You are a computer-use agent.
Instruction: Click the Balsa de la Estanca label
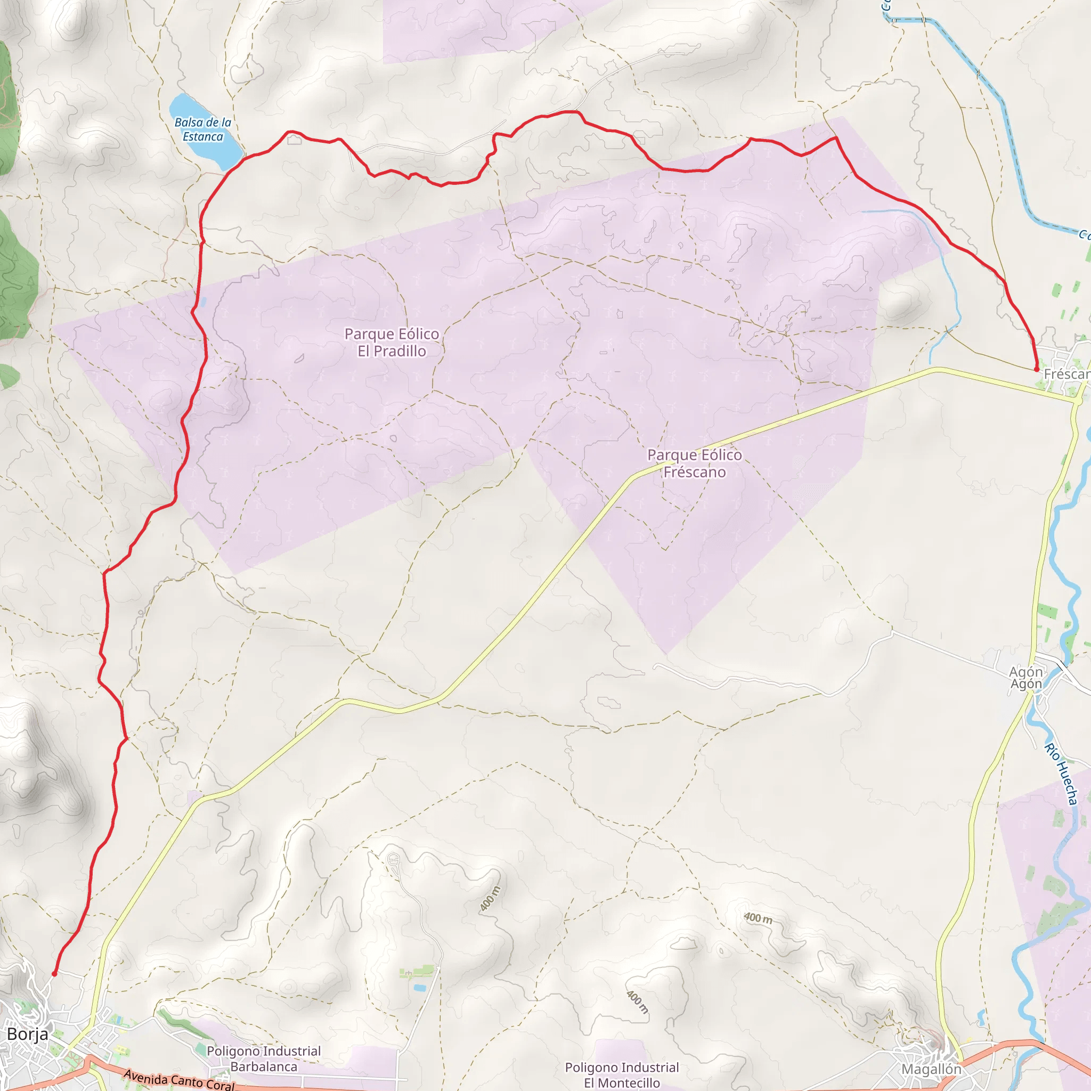point(203,129)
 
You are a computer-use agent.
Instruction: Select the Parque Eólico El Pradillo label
point(392,342)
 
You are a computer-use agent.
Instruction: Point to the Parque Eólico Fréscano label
point(695,463)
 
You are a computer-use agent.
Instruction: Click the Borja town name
point(28,1034)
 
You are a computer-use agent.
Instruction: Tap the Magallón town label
point(931,1069)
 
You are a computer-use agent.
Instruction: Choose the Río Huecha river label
point(1061,774)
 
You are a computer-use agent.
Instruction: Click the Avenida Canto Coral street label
point(178,1079)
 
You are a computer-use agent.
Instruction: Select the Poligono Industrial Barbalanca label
point(264,1059)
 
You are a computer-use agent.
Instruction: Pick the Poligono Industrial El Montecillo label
point(622,1074)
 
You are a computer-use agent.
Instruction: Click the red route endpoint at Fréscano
point(1036,369)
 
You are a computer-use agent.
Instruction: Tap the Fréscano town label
point(1067,374)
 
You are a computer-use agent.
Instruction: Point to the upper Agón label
point(1025,671)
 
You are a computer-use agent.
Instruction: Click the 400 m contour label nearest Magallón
point(758,918)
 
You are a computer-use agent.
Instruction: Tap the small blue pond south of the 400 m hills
point(419,988)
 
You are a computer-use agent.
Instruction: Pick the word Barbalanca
point(264,1066)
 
